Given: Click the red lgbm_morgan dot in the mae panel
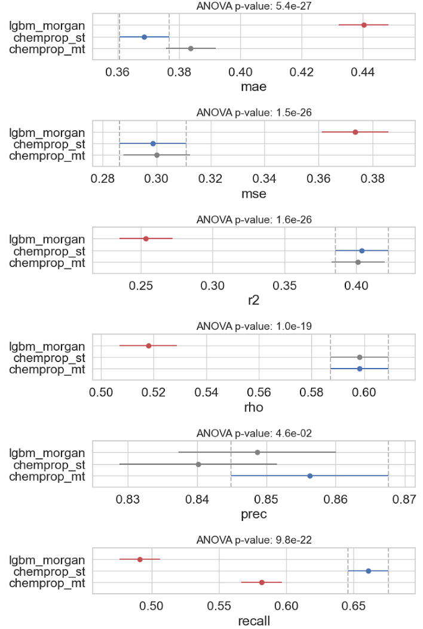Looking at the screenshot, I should coord(364,25).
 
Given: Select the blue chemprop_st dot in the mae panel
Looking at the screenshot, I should coord(144,37).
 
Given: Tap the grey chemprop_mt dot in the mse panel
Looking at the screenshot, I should coord(157,155).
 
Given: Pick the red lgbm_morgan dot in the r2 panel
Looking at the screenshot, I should coord(146,238).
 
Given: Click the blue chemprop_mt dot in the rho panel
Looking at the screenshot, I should coord(360,369).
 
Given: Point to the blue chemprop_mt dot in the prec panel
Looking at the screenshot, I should coord(309,476).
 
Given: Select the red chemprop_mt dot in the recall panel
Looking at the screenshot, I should coord(262,582).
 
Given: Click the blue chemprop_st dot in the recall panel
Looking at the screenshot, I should coord(368,571).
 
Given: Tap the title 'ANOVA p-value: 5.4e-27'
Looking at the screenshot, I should coord(254,6).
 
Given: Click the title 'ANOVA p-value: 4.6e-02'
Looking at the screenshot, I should coord(254,434).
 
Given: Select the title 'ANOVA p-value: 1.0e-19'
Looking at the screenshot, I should coord(254,327).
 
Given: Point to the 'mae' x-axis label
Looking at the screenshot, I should coord(253,87).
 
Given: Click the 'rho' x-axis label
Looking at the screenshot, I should coord(253,408).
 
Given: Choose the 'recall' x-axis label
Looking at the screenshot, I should coord(253,621).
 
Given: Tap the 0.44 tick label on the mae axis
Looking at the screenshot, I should coord(363,72).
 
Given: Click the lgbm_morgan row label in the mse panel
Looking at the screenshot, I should coord(47,132).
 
